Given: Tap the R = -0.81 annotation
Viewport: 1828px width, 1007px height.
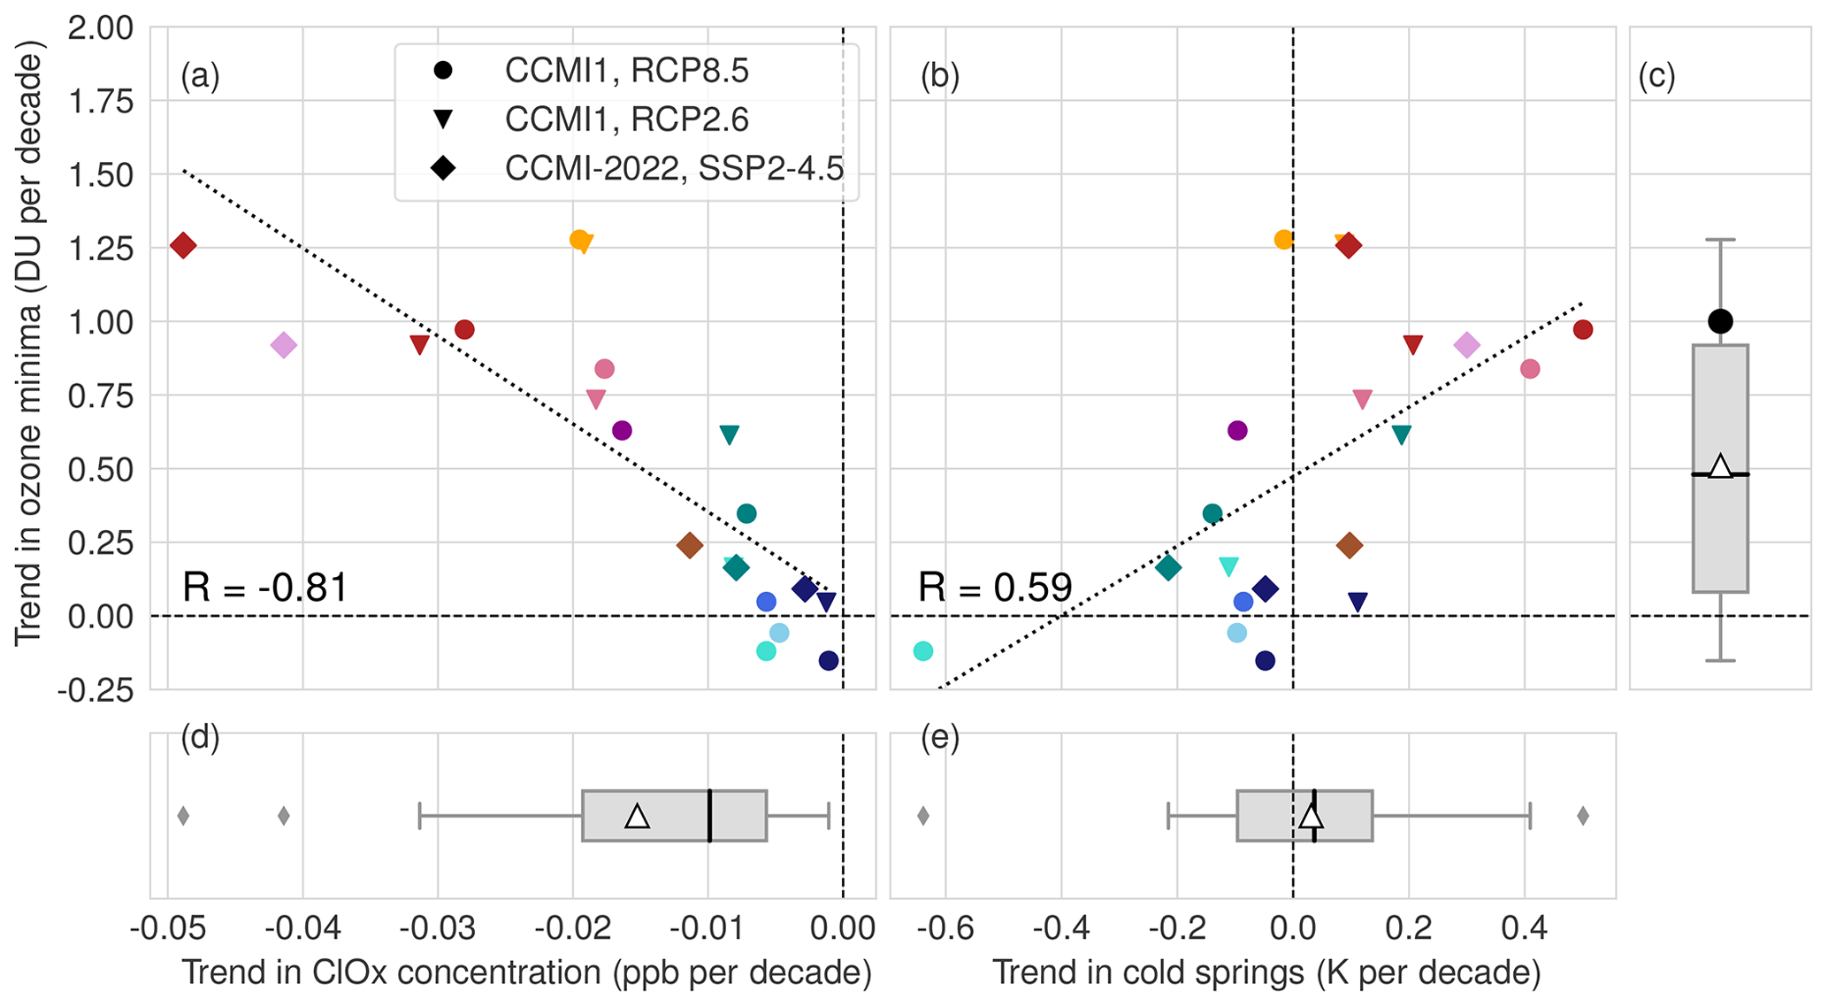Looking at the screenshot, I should tap(265, 588).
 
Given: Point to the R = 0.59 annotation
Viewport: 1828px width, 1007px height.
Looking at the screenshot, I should tap(995, 588).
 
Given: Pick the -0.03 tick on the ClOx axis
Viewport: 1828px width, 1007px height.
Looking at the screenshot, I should tap(438, 929).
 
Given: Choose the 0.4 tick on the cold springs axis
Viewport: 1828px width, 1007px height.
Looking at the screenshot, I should tap(1525, 929).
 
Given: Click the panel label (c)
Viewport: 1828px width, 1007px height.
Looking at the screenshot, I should tap(1656, 77).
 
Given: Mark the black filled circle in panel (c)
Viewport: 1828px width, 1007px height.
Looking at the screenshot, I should tap(1720, 321).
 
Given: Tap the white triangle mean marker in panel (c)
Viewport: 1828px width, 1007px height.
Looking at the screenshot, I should tap(1720, 466).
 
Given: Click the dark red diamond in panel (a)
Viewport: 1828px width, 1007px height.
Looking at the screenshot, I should tap(183, 245).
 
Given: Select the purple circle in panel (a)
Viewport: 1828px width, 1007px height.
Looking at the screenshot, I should tap(622, 431).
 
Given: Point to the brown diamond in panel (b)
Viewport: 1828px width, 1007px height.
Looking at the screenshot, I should tap(1349, 545).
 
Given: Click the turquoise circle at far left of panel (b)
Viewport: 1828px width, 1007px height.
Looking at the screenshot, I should tap(922, 650).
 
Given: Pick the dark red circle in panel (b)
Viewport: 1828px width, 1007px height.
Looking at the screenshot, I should tap(1583, 330).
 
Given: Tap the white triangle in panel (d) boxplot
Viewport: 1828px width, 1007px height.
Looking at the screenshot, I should tap(637, 816).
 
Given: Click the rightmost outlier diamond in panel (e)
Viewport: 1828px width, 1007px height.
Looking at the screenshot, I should tap(1583, 816).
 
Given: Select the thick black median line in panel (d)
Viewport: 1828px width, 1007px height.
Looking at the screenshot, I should tap(709, 816).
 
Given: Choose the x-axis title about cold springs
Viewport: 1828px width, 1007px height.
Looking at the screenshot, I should tap(1266, 973).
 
